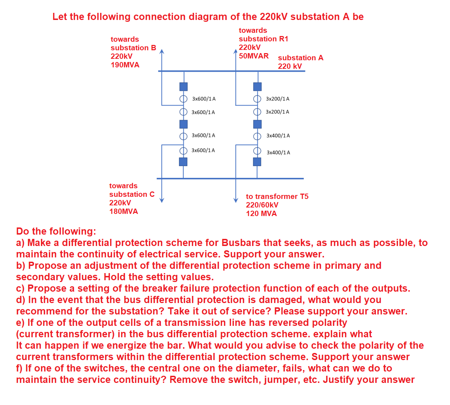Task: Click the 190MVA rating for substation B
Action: click(125, 65)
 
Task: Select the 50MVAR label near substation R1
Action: click(253, 56)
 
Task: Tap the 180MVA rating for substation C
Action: click(124, 211)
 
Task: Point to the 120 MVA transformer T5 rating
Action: click(261, 214)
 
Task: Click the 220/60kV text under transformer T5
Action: click(262, 205)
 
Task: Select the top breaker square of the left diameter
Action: click(183, 87)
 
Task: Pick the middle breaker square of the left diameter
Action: click(183, 124)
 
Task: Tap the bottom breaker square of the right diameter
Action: click(257, 162)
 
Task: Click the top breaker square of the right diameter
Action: click(257, 87)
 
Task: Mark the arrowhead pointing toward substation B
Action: click(162, 51)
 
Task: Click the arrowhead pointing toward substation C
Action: click(162, 200)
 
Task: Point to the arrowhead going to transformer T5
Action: click(236, 200)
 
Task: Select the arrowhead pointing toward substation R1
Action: click(235, 51)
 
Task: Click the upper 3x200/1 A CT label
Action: click(277, 99)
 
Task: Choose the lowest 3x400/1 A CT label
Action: click(278, 153)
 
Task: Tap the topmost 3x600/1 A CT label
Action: click(204, 99)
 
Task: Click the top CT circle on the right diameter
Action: click(257, 99)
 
